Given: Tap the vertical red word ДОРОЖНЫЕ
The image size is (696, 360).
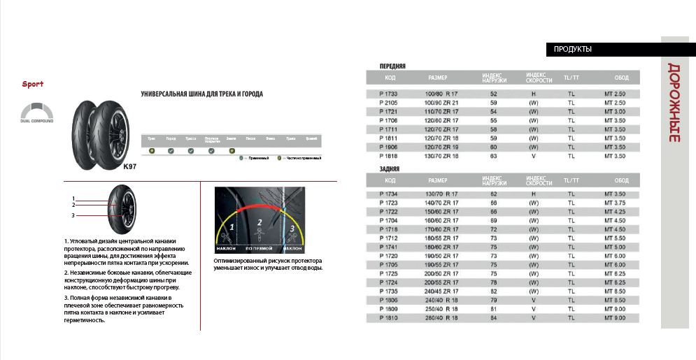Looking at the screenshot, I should coord(674,103).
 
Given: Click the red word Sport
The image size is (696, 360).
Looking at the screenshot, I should coord(32,84).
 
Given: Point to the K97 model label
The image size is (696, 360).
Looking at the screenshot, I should coord(129,166).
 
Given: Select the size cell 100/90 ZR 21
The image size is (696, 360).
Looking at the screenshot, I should coord(441,103).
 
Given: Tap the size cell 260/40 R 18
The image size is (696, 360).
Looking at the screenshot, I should coord(441,317).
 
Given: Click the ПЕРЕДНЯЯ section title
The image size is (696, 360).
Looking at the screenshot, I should coord(392,66).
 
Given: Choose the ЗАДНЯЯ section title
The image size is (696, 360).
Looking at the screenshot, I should coord(389,169).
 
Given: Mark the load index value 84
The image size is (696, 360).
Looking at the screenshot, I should coord(494,317).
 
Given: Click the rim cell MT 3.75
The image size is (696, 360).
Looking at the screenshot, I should coord(615,202).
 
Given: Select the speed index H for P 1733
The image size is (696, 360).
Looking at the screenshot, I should coord(533,94).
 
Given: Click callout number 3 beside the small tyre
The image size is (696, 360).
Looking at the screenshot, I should coord(73,215).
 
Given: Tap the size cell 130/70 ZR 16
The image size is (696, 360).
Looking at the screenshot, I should coord(441,157).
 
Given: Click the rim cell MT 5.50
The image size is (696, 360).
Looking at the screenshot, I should coord(615,237).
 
